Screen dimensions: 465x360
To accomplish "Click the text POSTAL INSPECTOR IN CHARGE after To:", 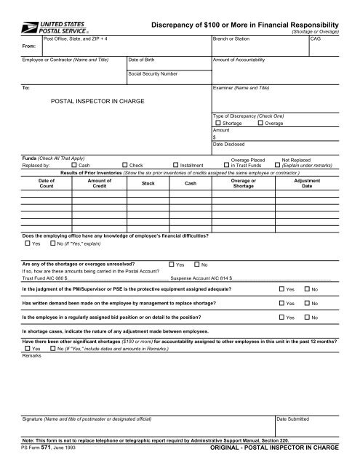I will [x=97, y=101].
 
